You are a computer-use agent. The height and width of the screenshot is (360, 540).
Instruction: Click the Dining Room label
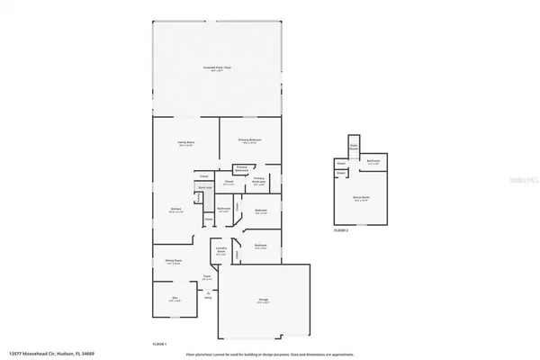pos(174,262)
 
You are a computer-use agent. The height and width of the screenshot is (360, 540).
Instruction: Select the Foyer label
pos(207,276)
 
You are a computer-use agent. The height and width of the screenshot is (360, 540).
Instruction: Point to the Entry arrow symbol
pos(208,301)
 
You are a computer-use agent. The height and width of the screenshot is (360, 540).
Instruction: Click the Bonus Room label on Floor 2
pos(362,200)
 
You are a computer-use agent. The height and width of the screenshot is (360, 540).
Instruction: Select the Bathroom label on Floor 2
pos(373,163)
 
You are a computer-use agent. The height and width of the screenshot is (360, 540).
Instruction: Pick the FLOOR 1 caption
pos(159,343)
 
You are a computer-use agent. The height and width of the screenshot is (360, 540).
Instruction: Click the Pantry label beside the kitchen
pos(208,219)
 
